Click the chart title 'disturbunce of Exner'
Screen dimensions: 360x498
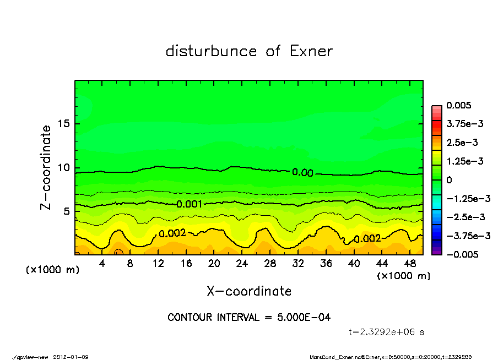coord(249,51)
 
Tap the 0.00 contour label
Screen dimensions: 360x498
coord(302,173)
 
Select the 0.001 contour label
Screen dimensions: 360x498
coord(189,204)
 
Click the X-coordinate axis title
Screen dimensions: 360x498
coord(249,291)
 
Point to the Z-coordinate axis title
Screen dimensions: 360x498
coord(46,167)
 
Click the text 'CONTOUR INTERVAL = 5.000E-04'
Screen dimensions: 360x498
coord(249,318)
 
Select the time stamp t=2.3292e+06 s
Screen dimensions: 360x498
coord(387,332)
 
